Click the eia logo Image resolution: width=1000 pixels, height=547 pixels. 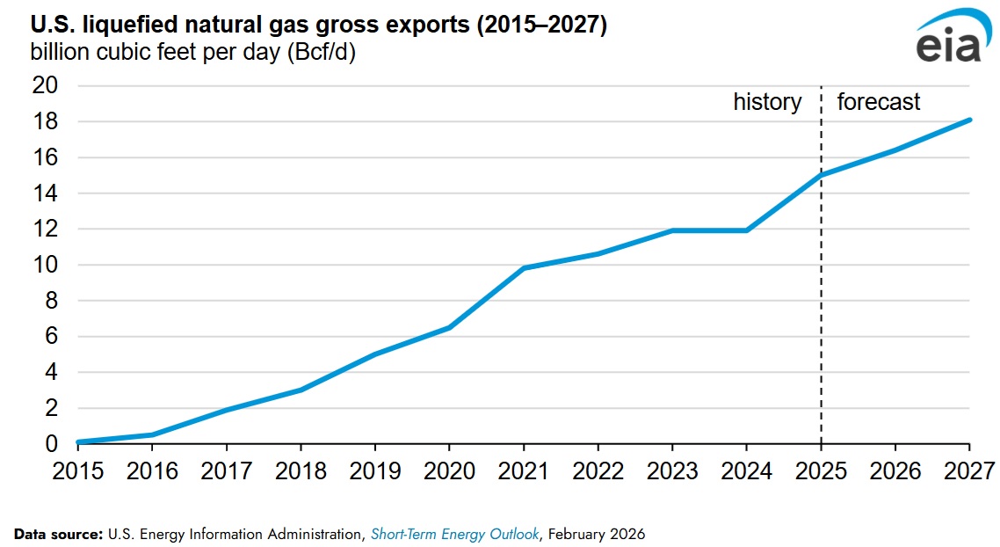pyautogui.click(x=946, y=40)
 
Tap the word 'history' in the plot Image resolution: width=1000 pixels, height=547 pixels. pyautogui.click(x=767, y=102)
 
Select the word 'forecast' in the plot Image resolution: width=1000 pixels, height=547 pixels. pyautogui.click(x=878, y=102)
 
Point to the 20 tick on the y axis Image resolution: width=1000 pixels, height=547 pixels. pyautogui.click(x=44, y=86)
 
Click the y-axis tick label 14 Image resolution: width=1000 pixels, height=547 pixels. pyautogui.click(x=44, y=193)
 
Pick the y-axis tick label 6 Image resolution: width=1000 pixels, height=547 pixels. pyautogui.click(x=50, y=337)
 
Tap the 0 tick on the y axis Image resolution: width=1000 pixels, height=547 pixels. pyautogui.click(x=50, y=444)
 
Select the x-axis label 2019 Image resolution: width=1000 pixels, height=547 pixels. pyautogui.click(x=374, y=470)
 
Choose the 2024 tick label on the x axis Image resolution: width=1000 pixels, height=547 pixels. pyautogui.click(x=747, y=470)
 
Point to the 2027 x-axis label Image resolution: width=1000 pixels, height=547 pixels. pyautogui.click(x=970, y=470)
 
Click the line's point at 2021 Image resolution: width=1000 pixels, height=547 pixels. pyautogui.click(x=524, y=268)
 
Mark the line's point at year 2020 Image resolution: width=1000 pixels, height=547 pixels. pyautogui.click(x=449, y=327)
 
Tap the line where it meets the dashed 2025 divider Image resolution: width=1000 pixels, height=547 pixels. pyautogui.click(x=822, y=175)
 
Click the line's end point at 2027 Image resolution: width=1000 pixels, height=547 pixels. pyautogui.click(x=969, y=120)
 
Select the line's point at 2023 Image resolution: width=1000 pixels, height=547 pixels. pyautogui.click(x=672, y=230)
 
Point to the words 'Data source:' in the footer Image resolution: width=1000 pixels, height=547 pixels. pyautogui.click(x=58, y=534)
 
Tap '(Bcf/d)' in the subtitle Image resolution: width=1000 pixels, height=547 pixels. pyautogui.click(x=321, y=52)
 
